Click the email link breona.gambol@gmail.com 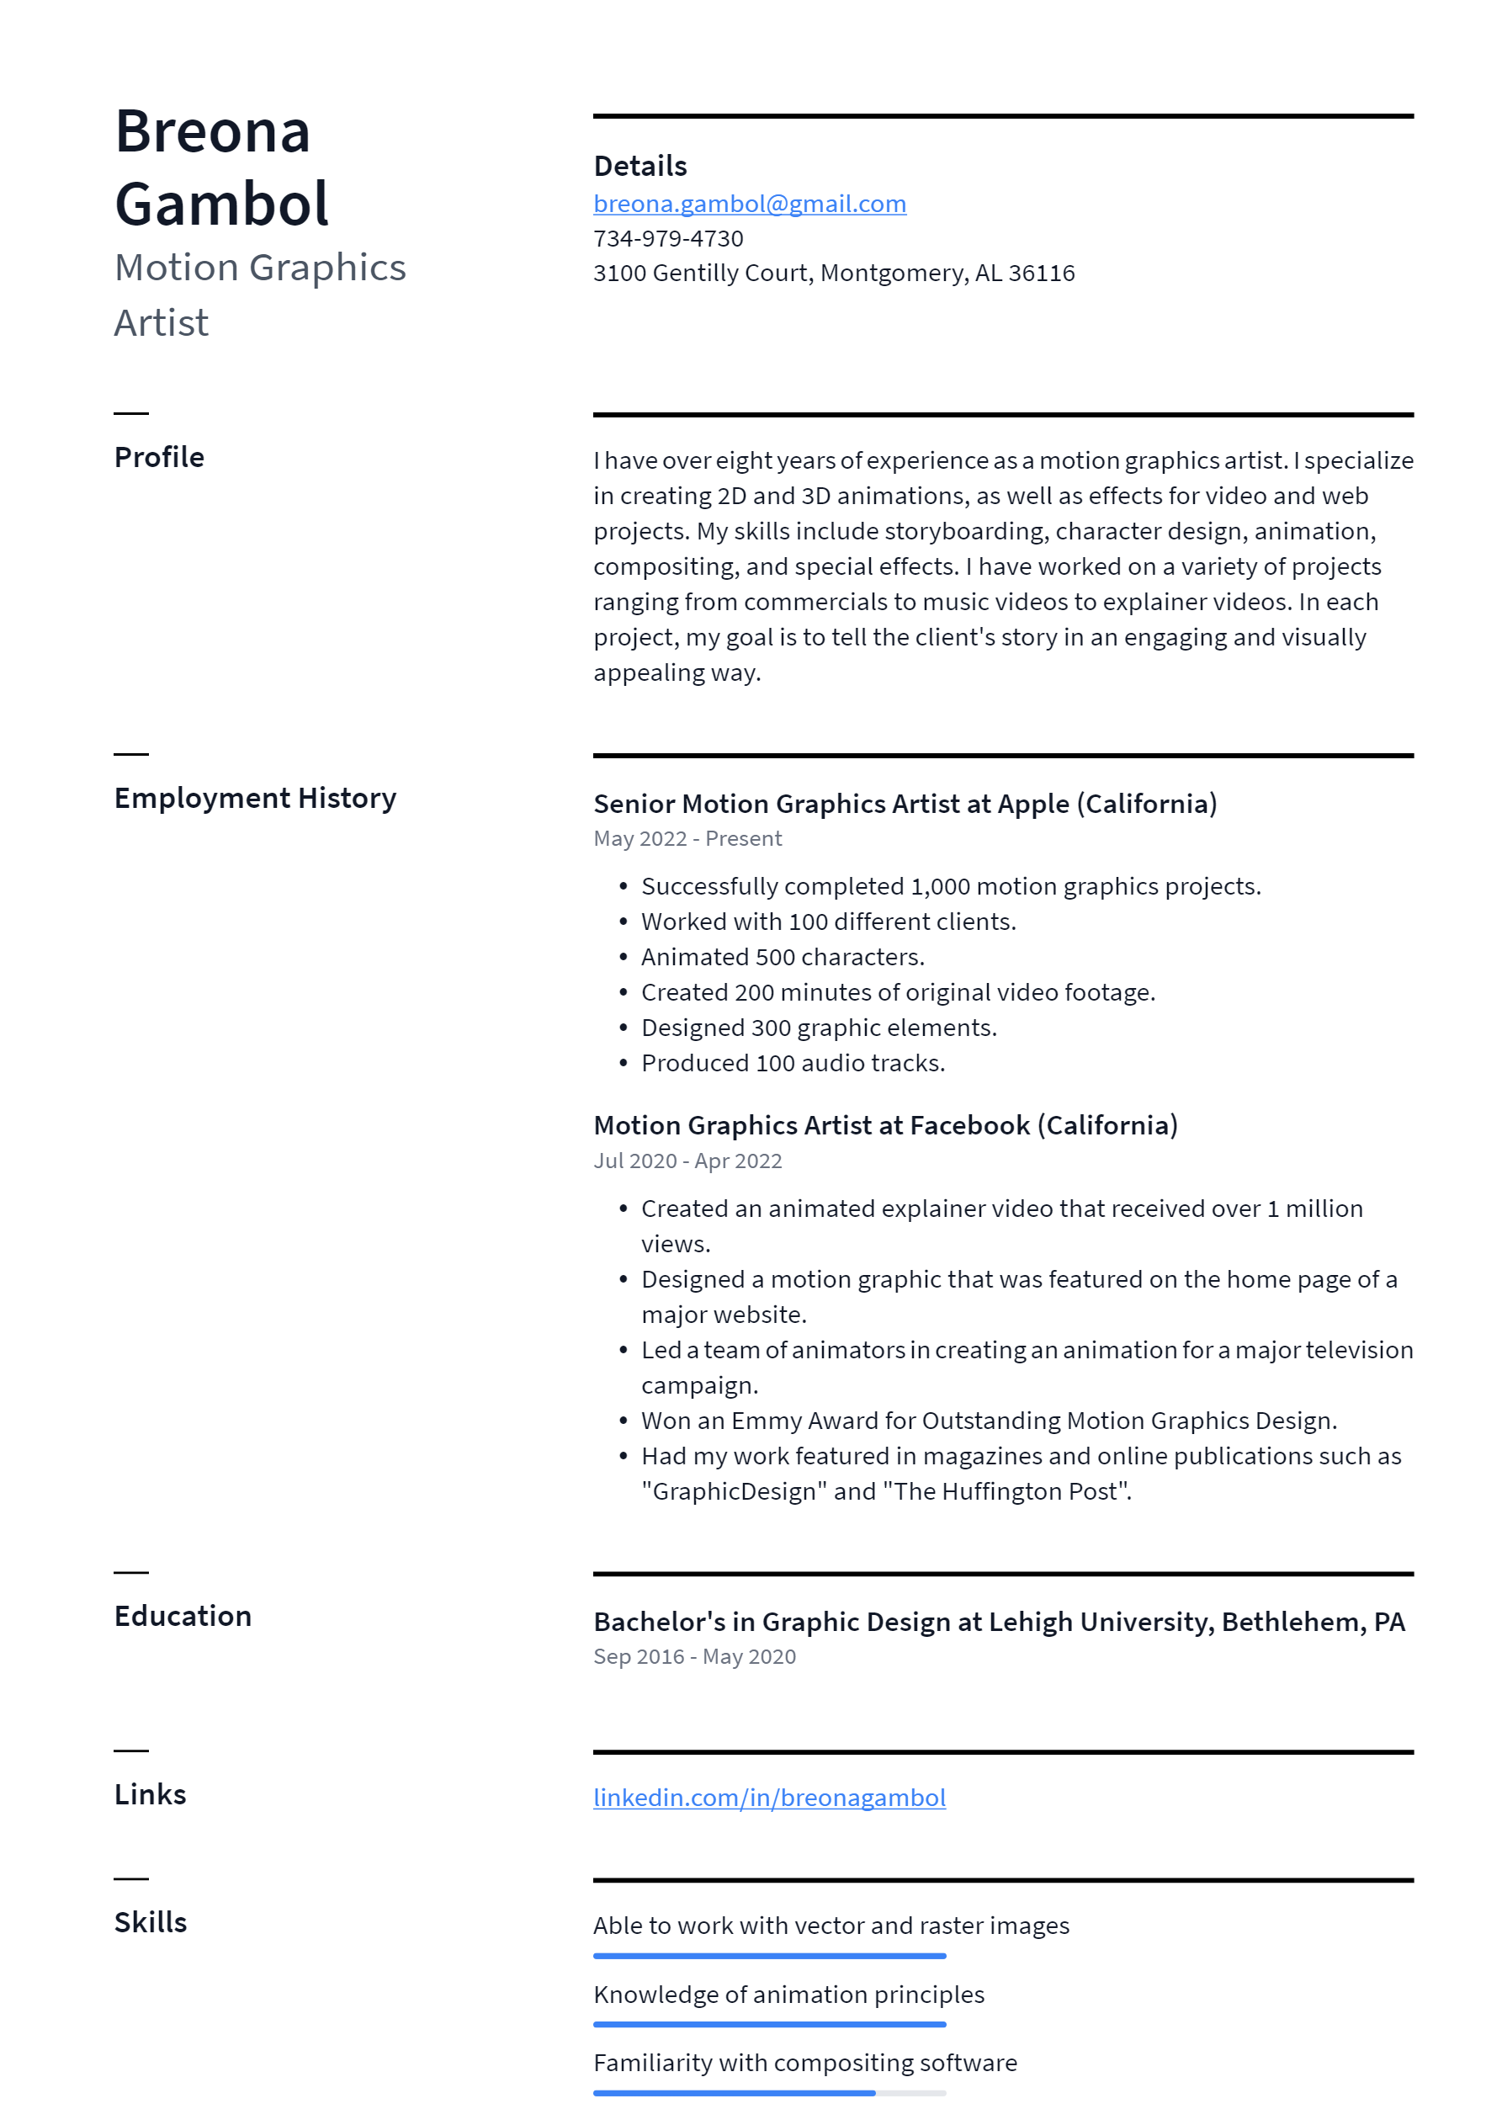[749, 204]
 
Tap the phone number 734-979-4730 [667, 239]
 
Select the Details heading [640, 166]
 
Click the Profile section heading [159, 457]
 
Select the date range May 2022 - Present [687, 838]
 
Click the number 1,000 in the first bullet [939, 887]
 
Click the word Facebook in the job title [969, 1125]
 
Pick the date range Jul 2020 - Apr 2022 [687, 1161]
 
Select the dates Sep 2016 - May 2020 [694, 1657]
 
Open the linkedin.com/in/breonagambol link [768, 1798]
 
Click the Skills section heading [150, 1922]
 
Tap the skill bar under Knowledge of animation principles [768, 2024]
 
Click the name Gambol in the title [221, 204]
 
